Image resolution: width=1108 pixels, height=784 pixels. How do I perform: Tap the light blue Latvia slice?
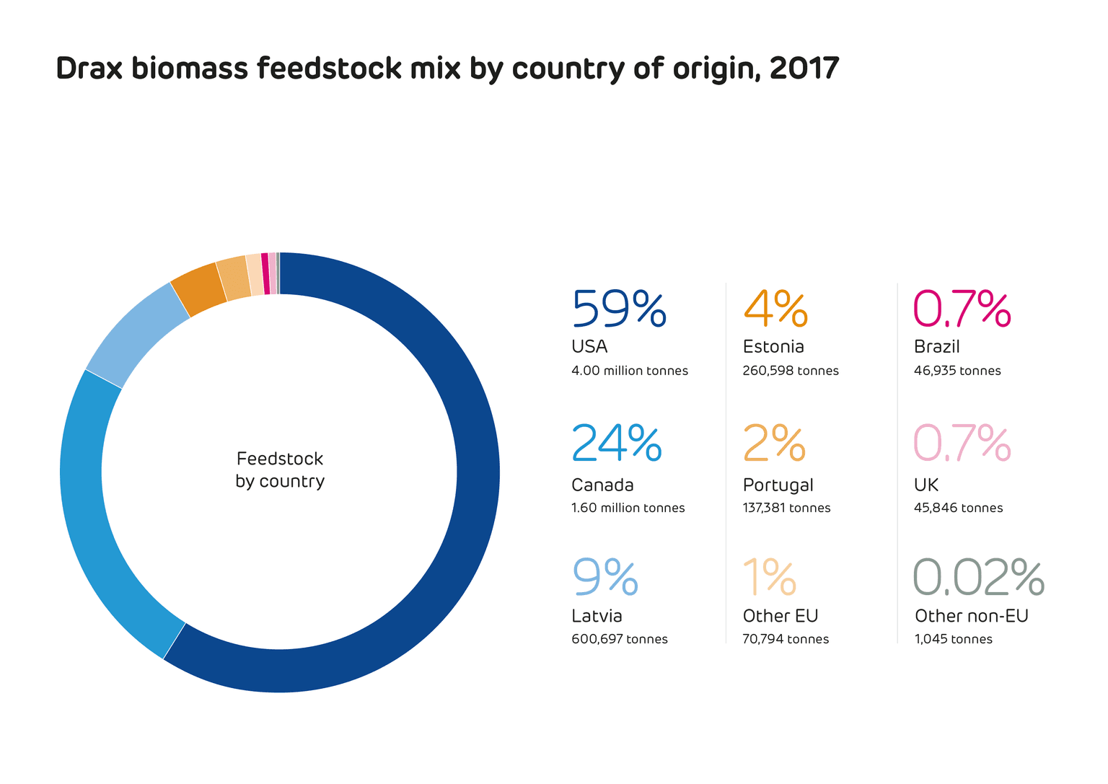click(133, 332)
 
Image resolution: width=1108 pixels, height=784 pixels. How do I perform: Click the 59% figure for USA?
click(619, 309)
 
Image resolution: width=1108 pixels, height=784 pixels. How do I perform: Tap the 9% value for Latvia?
click(605, 577)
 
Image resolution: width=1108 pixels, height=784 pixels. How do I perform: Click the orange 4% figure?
click(775, 309)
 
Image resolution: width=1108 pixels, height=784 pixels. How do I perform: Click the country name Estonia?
click(773, 347)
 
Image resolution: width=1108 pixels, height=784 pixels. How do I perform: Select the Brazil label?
click(936, 347)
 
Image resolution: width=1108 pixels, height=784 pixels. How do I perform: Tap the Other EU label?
click(781, 616)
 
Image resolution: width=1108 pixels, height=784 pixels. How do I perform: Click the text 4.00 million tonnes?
click(630, 371)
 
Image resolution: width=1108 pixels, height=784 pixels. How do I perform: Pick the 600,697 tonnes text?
click(620, 639)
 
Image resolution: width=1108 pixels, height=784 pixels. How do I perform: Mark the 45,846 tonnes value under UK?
click(958, 508)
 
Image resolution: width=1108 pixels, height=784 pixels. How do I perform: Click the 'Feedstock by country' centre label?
click(280, 470)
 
